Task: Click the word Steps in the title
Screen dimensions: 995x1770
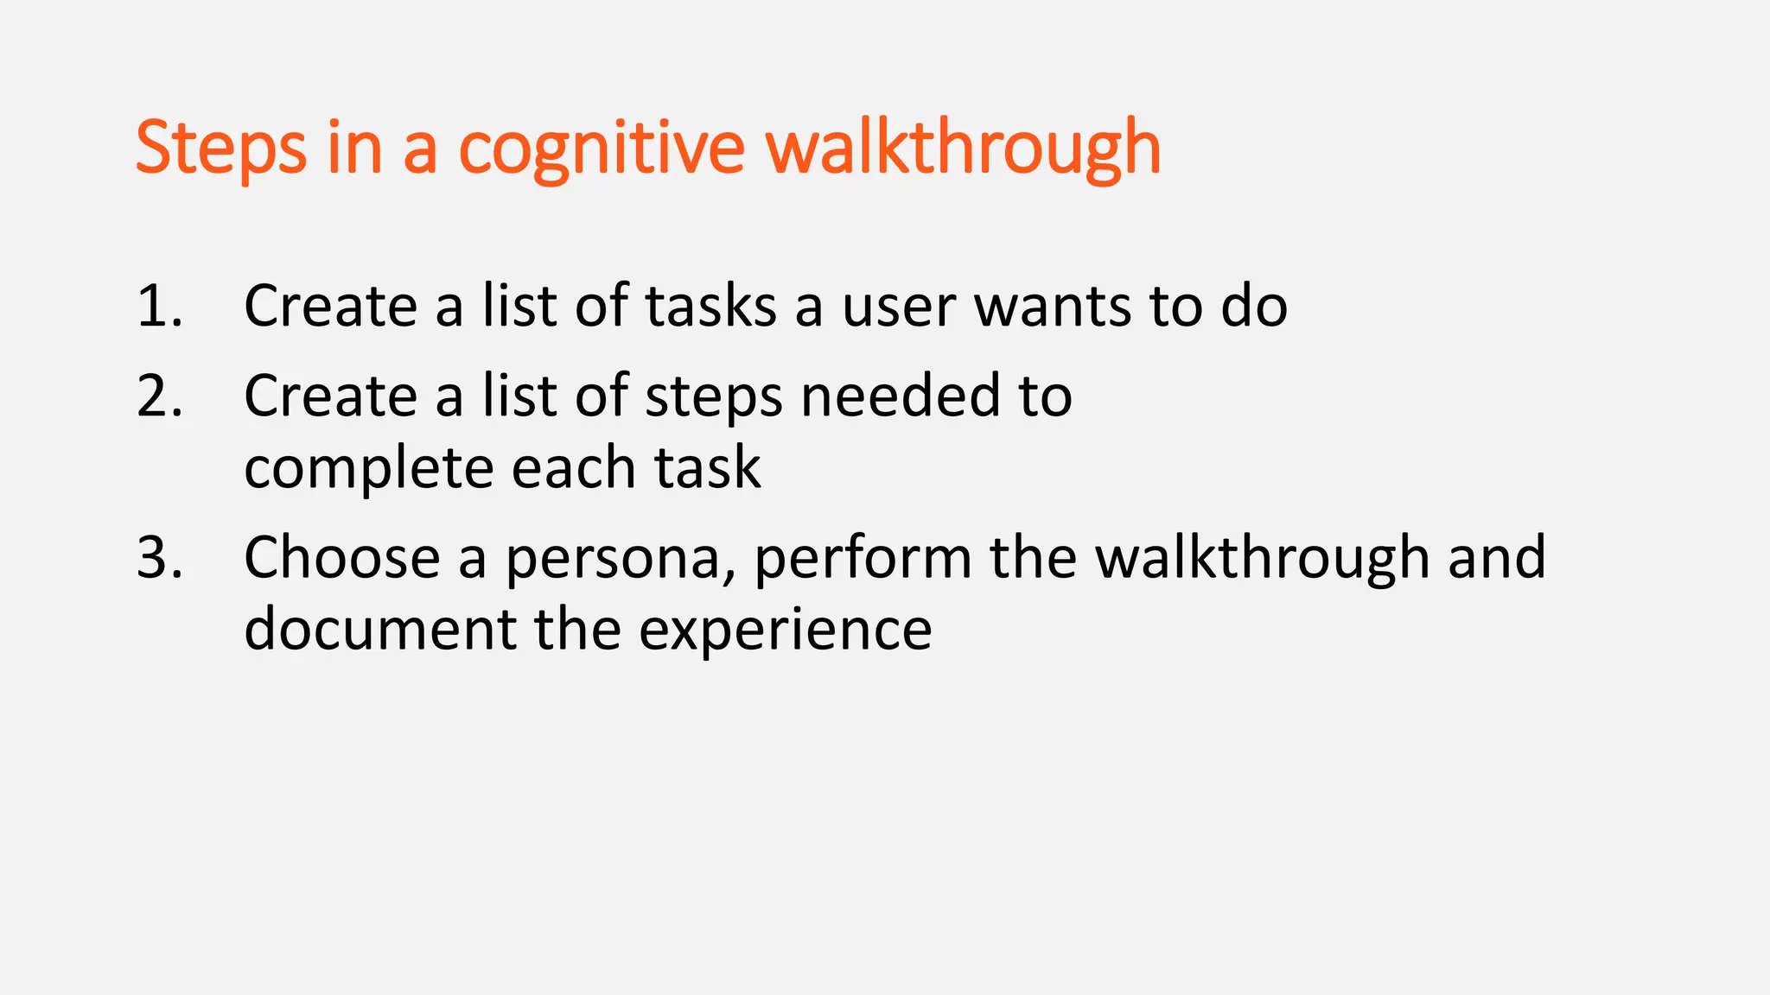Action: [x=220, y=149]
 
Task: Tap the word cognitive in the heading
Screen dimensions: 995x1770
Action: [x=601, y=149]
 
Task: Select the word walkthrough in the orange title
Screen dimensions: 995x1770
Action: [x=964, y=149]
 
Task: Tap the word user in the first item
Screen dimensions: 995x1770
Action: [x=899, y=307]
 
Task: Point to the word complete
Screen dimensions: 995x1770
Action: [x=368, y=469]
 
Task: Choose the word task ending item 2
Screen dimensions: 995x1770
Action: [x=707, y=469]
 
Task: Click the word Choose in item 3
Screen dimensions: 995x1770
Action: [x=342, y=557]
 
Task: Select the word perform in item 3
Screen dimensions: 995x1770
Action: [x=863, y=559]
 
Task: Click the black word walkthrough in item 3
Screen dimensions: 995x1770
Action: [x=1262, y=557]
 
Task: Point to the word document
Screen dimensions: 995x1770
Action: [x=380, y=629]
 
